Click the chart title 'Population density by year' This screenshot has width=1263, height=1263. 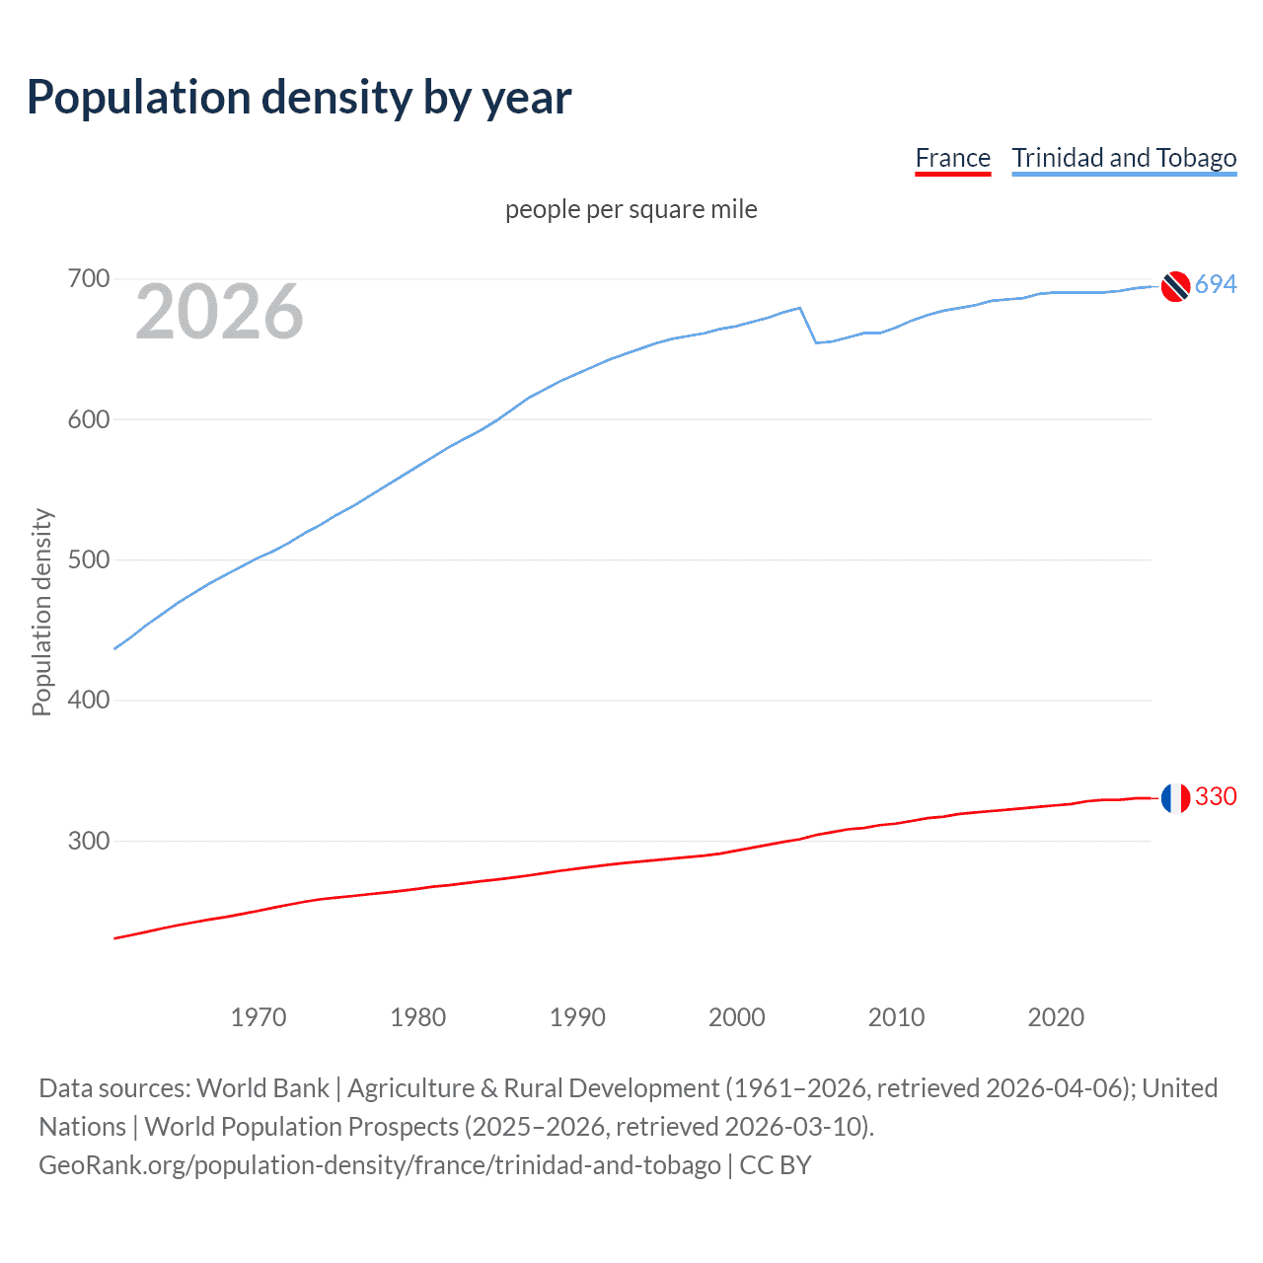[x=299, y=98]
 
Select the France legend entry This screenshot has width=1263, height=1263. [x=952, y=158]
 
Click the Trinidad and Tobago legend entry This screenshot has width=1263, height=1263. [x=1124, y=158]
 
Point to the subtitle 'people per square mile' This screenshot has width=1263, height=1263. [x=631, y=209]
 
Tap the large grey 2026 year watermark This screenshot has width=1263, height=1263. [x=219, y=312]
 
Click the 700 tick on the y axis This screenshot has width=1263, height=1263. [x=88, y=279]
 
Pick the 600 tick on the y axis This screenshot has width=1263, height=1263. [x=88, y=419]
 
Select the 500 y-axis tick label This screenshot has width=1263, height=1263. [x=88, y=559]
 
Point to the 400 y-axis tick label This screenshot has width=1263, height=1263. [x=88, y=700]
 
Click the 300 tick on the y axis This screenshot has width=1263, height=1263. [x=88, y=841]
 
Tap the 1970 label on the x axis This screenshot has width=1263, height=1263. [x=259, y=1017]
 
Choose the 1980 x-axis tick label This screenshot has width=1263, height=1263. [x=417, y=1017]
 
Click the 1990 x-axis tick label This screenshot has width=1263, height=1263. [x=577, y=1017]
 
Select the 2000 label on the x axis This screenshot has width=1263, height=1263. [x=736, y=1017]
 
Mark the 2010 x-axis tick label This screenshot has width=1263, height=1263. [x=896, y=1017]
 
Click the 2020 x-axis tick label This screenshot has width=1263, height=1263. [x=1056, y=1017]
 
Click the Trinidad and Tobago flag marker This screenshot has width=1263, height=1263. [x=1175, y=286]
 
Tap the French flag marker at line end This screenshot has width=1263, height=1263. [x=1175, y=797]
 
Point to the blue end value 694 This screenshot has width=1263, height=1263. [x=1216, y=285]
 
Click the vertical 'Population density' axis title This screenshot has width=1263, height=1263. [x=41, y=612]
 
